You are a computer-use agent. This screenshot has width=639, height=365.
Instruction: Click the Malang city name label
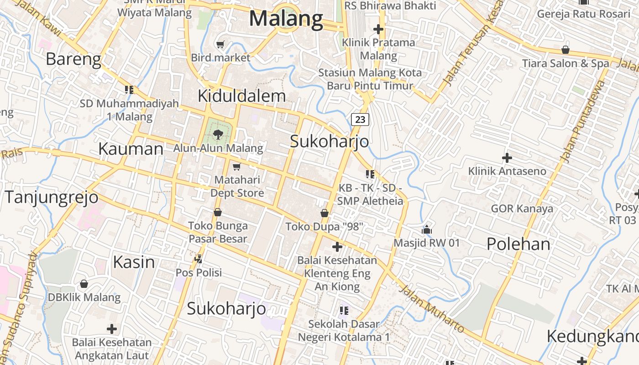click(x=286, y=19)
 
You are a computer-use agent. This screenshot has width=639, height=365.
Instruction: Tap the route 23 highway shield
click(x=360, y=120)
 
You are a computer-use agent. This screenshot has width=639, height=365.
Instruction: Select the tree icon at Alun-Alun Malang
click(x=218, y=134)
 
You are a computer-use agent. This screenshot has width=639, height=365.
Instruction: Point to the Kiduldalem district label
click(x=241, y=96)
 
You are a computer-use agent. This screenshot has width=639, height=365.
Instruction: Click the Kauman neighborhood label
click(x=131, y=149)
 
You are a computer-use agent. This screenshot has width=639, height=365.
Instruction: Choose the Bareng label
click(x=73, y=59)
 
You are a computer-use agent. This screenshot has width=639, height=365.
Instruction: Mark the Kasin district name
click(x=134, y=262)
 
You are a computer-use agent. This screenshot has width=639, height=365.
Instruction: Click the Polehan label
click(x=518, y=244)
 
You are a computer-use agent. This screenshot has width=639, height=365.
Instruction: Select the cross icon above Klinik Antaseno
click(x=507, y=158)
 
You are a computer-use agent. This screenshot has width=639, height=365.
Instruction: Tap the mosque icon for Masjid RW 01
click(x=427, y=229)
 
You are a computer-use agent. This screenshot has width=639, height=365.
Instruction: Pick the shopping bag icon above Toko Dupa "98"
click(x=324, y=213)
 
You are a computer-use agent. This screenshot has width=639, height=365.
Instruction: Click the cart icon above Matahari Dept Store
click(x=236, y=167)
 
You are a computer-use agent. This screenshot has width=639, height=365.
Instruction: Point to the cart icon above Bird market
click(x=220, y=44)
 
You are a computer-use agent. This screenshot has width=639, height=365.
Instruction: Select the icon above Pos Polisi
click(x=199, y=259)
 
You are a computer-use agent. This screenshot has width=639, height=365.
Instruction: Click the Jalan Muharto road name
click(x=431, y=309)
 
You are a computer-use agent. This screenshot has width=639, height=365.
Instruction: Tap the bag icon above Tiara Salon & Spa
click(x=566, y=49)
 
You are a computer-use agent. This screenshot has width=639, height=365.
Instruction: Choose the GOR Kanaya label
click(x=522, y=209)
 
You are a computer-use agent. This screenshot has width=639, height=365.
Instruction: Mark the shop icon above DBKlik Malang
click(x=84, y=284)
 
